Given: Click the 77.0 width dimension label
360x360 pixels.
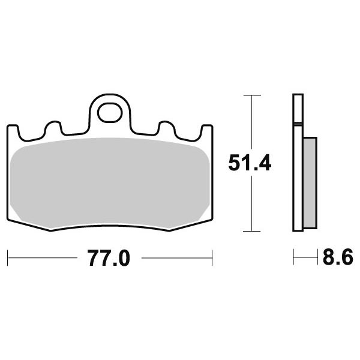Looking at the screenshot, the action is click(109, 258).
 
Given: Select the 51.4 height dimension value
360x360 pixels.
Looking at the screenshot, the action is click(250, 163).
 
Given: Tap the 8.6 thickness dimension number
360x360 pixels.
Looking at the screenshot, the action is click(338, 257).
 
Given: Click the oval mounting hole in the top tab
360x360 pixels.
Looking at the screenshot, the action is click(110, 113).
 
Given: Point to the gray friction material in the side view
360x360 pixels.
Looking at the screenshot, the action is click(310, 183).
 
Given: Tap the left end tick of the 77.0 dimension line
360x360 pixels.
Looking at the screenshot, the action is click(8, 258).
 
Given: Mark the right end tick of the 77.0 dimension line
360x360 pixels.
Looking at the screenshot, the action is click(212, 258).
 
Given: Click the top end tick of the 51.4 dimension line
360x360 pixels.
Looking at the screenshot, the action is click(252, 95).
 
